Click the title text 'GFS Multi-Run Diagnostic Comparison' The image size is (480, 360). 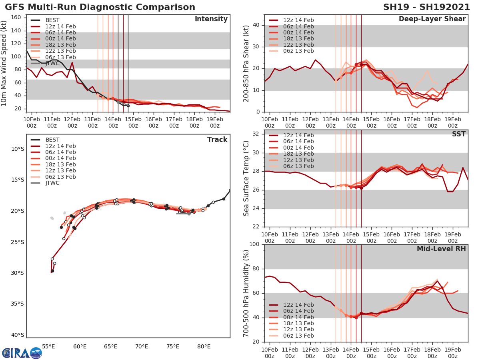click(x=100, y=7)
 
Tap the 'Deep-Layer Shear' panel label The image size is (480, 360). click(x=432, y=19)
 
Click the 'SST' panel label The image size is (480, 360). click(x=459, y=134)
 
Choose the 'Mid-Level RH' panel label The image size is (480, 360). click(x=441, y=249)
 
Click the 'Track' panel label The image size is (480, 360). click(x=217, y=140)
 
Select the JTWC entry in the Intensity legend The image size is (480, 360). click(x=52, y=63)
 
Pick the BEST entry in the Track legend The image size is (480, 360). click(x=52, y=140)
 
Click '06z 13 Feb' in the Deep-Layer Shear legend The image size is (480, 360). click(x=298, y=51)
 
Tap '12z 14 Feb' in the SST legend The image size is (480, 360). click(x=298, y=135)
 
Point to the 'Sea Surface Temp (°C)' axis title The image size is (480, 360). click(x=246, y=178)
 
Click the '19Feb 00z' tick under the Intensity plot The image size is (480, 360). click(x=214, y=122)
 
